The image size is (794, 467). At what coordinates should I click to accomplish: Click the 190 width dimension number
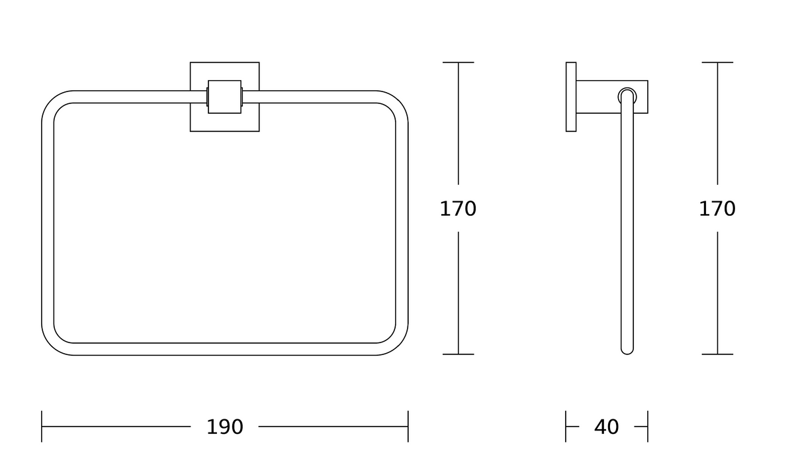[x=225, y=427]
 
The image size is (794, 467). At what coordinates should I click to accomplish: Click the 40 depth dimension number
[x=607, y=427]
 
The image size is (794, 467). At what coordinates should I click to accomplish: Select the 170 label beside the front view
[x=458, y=209]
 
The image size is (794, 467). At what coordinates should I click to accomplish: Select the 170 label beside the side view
[x=717, y=209]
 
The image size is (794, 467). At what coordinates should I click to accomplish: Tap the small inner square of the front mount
[x=225, y=97]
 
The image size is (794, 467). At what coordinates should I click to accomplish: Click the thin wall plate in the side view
[x=571, y=97]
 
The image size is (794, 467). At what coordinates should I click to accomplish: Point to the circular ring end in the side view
[x=627, y=96]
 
